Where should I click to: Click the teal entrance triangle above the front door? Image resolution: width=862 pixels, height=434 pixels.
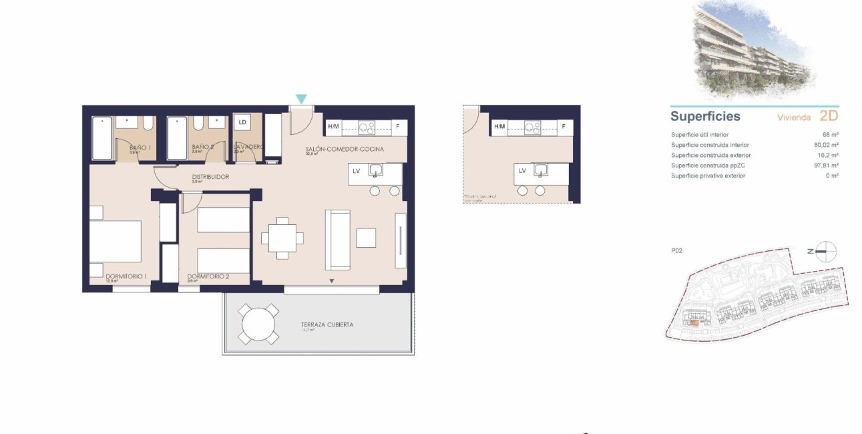[301, 99]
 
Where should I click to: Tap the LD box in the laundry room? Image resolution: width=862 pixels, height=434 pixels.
[242, 122]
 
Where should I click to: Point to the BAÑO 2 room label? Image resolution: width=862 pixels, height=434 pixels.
[202, 147]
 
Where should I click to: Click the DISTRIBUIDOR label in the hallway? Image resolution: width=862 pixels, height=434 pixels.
[210, 177]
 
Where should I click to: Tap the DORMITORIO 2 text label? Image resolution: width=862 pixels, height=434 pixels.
[208, 276]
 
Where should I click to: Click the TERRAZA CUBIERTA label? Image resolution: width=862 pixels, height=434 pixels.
[327, 325]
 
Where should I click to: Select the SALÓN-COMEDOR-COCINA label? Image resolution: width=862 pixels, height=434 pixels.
[345, 150]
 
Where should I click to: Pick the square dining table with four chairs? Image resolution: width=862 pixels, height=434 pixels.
[282, 238]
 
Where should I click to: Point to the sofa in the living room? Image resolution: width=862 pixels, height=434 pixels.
[337, 240]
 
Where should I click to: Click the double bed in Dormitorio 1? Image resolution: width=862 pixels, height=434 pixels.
[116, 241]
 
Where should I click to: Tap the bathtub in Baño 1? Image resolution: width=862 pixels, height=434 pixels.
[102, 138]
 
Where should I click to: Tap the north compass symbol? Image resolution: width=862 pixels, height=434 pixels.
[826, 251]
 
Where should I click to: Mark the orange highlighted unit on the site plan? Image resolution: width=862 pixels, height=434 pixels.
[695, 323]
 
